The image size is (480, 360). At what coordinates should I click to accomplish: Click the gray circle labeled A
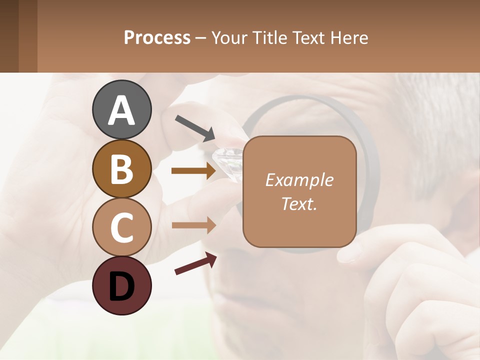coord(121,110)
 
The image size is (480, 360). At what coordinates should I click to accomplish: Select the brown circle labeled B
coord(121,169)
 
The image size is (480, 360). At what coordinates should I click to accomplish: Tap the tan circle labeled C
coord(121,227)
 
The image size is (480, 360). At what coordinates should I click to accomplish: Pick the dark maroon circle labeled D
coord(121,286)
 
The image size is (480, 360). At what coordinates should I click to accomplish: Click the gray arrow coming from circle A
coord(195,127)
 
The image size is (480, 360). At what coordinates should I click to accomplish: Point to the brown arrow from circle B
coord(193,171)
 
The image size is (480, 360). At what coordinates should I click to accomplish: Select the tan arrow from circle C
coord(193,225)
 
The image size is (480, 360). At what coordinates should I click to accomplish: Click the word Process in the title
coord(157,38)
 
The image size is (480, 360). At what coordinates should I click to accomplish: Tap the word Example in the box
coord(299,180)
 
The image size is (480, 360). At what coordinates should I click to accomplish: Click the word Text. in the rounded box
coord(299,203)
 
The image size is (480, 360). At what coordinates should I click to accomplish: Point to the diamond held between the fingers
coord(227,159)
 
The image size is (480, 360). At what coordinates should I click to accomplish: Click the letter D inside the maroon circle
coord(121,287)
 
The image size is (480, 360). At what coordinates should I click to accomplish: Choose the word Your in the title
coord(228,38)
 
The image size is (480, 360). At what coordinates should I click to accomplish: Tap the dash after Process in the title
coord(201,38)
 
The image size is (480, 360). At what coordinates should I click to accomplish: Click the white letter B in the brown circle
coord(121,169)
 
